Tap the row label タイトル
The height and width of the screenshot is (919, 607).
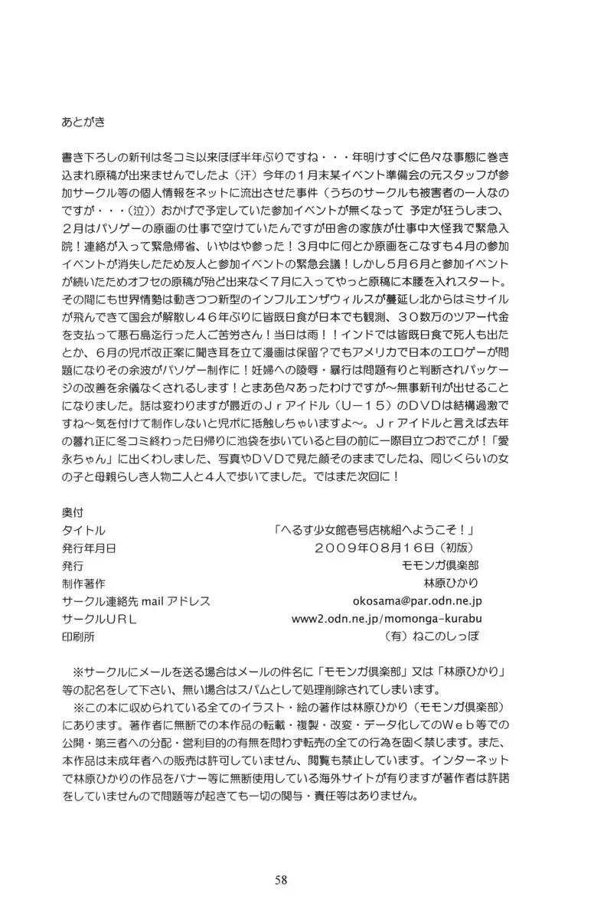(x=82, y=530)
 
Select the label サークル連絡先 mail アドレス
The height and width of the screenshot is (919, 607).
(x=135, y=601)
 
